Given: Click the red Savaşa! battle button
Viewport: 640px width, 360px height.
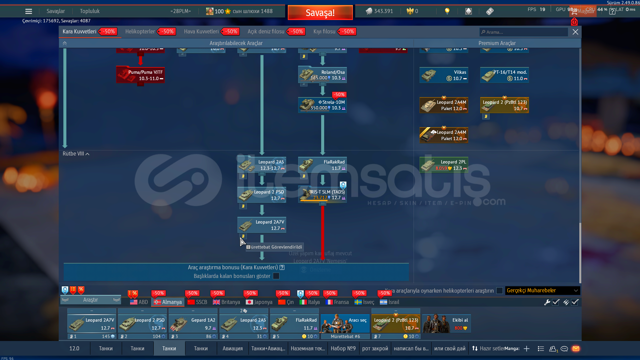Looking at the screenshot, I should pos(320,13).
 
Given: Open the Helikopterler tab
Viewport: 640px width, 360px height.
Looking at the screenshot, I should pos(140,32).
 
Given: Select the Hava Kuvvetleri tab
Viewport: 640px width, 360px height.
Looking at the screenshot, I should pos(201,32).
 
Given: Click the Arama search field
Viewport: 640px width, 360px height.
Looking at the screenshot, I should pos(524,32).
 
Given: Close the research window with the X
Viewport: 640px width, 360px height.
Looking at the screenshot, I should pos(575,32).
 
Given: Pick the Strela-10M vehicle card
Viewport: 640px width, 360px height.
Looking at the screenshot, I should pos(322,105).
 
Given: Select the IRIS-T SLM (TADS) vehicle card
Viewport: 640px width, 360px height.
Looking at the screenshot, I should pos(322,195).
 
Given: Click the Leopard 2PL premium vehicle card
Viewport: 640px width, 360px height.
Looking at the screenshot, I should pos(444,165).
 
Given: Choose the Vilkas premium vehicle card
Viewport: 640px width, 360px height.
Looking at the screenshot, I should pos(444,75).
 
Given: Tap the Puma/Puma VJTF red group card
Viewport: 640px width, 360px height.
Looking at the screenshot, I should pos(140,75).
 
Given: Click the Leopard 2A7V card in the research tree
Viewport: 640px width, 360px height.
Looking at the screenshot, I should pos(261,225).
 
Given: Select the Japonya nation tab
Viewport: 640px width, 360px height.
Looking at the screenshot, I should pos(259,302).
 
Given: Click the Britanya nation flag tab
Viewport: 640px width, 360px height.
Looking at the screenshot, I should pos(226,302).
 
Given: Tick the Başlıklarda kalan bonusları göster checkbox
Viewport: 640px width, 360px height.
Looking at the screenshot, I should pos(276,276).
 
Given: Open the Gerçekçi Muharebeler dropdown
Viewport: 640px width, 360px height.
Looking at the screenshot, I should pos(542,291).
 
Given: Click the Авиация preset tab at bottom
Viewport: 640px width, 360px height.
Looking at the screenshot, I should pos(232,349).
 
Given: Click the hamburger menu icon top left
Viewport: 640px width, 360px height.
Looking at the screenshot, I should pos(29,11).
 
